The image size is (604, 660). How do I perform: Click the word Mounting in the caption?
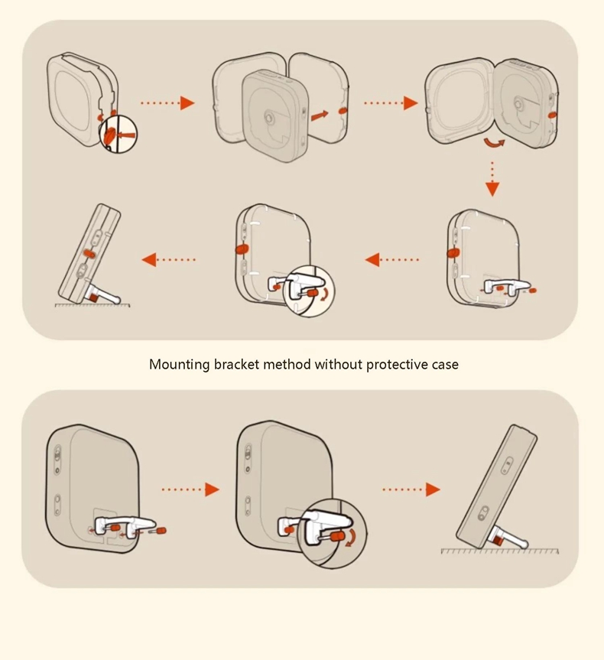pyautogui.click(x=179, y=365)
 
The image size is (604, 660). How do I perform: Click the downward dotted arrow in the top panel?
pyautogui.click(x=492, y=179)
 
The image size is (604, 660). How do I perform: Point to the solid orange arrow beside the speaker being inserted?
pyautogui.click(x=320, y=115)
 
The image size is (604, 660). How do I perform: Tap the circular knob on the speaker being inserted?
pyautogui.click(x=268, y=118)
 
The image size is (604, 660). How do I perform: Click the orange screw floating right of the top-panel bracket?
pyautogui.click(x=532, y=291)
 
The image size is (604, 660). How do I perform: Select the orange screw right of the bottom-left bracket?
pyautogui.click(x=161, y=531)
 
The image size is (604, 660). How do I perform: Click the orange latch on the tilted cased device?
pyautogui.click(x=89, y=253)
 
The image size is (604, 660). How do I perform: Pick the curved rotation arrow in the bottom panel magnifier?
pyautogui.click(x=351, y=538)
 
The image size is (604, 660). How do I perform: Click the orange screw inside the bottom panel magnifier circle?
pyautogui.click(x=336, y=537)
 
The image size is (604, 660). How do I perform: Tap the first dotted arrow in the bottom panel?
pyautogui.click(x=190, y=489)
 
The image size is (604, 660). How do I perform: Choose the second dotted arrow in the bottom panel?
pyautogui.click(x=411, y=489)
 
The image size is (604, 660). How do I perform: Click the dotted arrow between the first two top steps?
pyautogui.click(x=167, y=102)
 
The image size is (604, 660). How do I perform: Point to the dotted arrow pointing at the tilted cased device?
pyautogui.click(x=169, y=259)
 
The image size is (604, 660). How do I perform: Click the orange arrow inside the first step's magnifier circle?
pyautogui.click(x=128, y=135)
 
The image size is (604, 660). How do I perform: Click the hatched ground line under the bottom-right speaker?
pyautogui.click(x=499, y=551)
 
